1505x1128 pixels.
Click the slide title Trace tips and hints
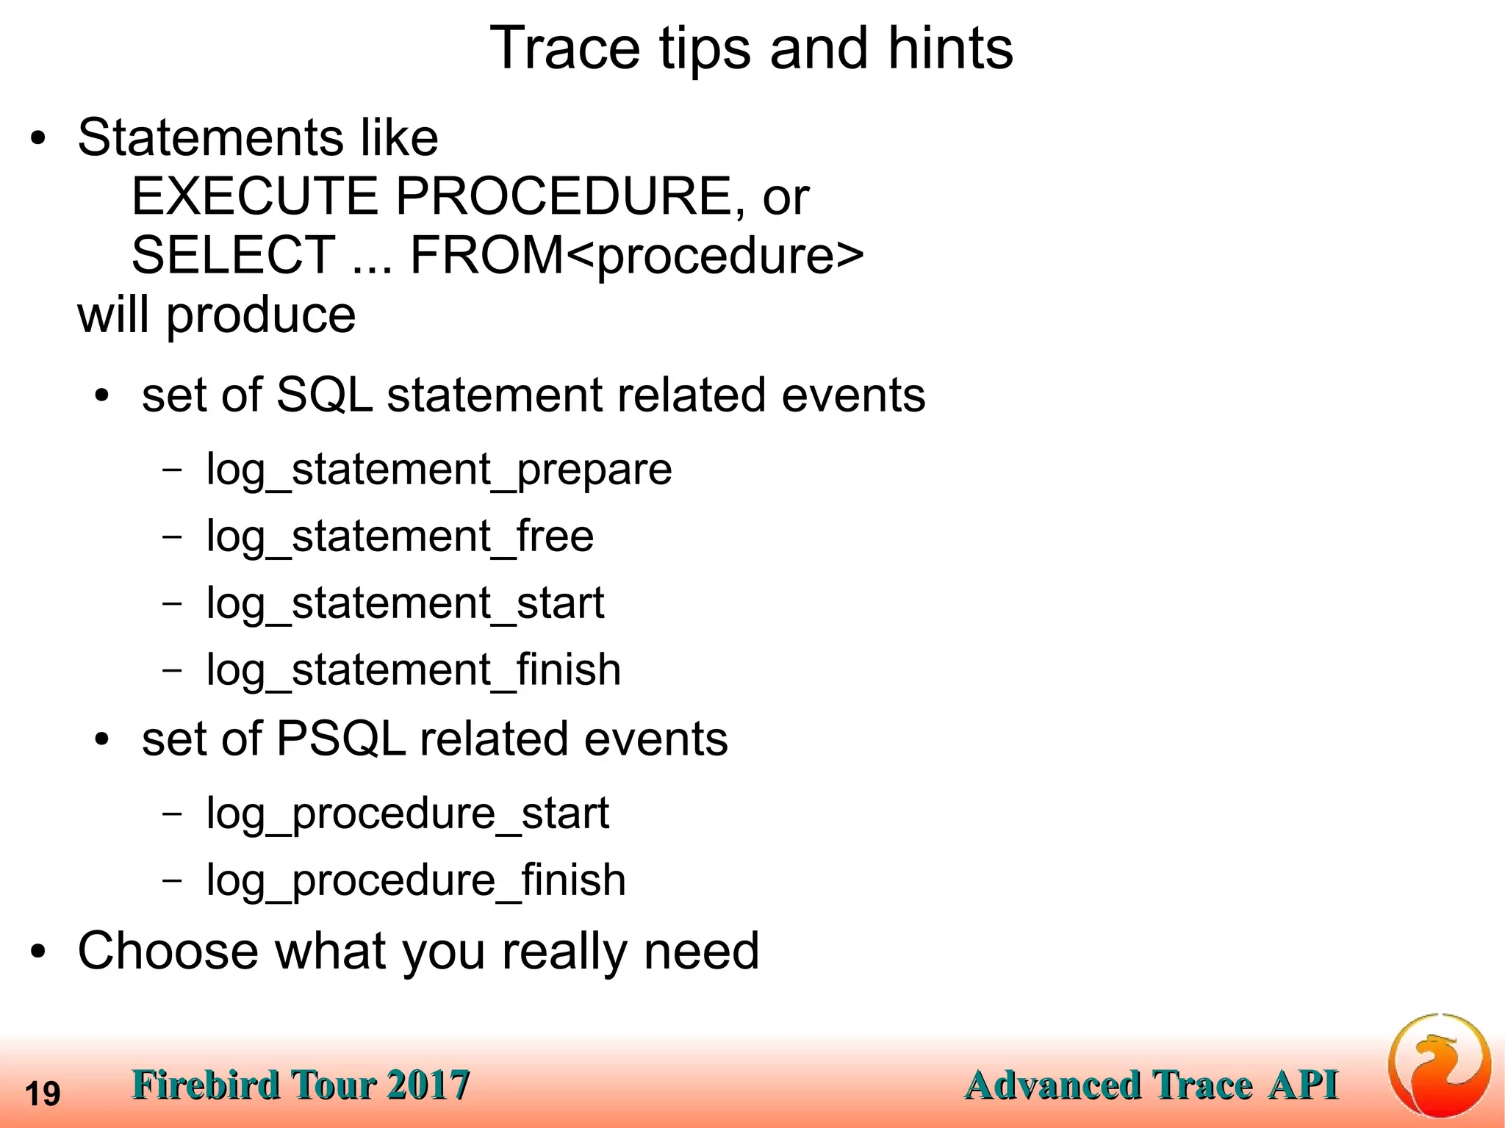tap(751, 49)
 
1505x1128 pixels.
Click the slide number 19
tap(43, 1094)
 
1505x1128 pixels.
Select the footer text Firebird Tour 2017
tap(301, 1085)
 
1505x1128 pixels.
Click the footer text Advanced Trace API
tap(1151, 1085)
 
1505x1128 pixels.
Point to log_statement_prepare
tap(439, 470)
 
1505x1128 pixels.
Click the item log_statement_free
tap(400, 536)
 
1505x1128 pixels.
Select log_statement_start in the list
tap(405, 603)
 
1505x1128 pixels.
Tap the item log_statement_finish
tap(413, 670)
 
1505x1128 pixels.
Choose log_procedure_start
tap(407, 813)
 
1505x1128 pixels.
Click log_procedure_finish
tap(416, 880)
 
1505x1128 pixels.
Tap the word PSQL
tap(340, 739)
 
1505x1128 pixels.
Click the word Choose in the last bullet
tap(168, 951)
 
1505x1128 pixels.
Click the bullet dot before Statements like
tap(38, 139)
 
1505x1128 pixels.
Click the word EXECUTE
tap(254, 197)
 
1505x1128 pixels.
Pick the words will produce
tap(217, 315)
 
